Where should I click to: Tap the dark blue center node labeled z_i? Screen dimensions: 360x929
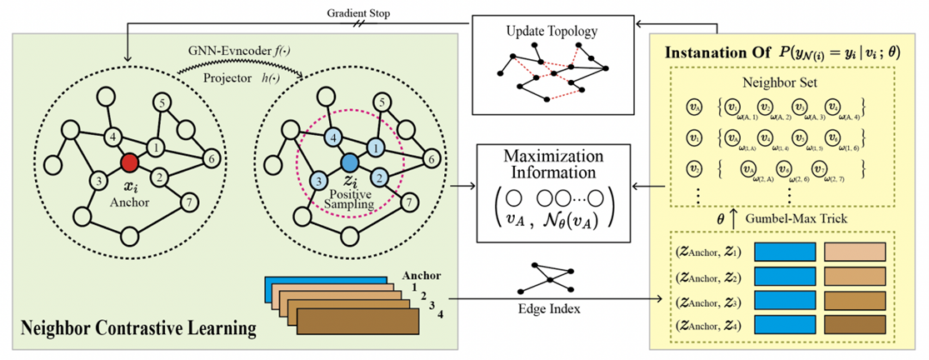350,161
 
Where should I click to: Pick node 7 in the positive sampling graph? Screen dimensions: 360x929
408,202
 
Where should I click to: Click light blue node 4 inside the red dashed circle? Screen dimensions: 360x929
332,137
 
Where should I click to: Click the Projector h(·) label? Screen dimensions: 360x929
237,80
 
